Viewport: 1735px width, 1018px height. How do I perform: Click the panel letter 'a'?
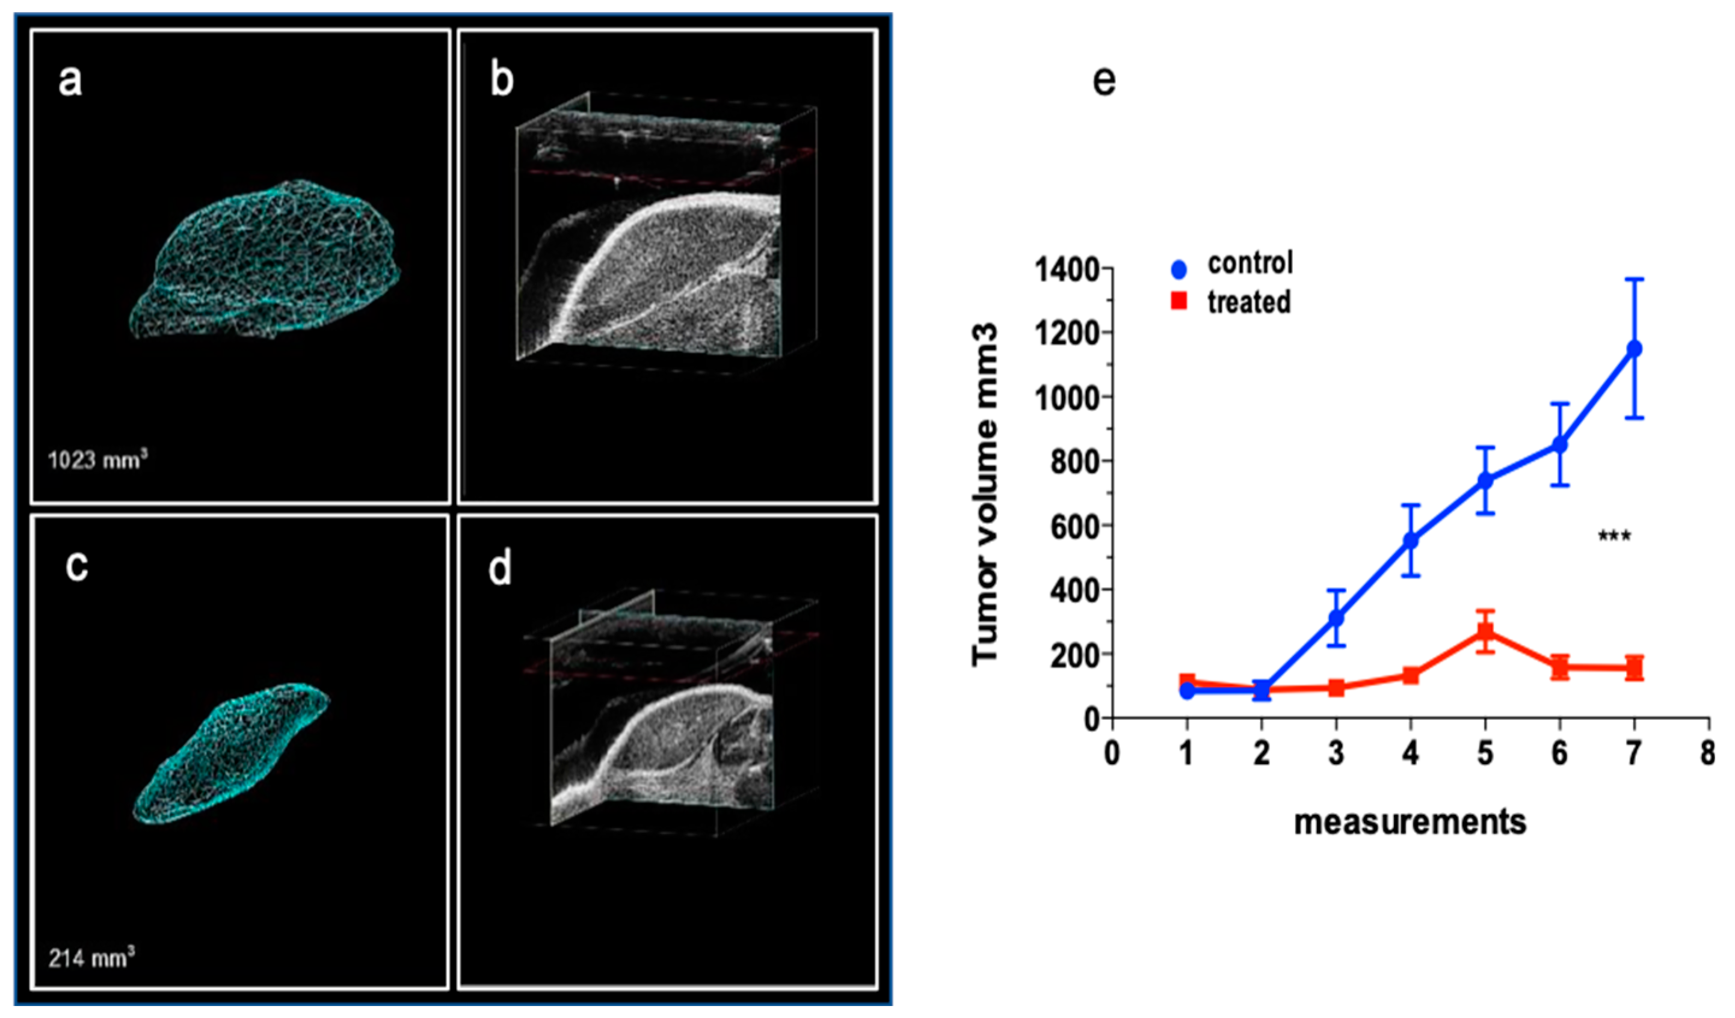click(70, 82)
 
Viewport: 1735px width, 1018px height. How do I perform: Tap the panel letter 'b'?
click(502, 81)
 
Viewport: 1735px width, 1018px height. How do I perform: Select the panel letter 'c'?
click(76, 566)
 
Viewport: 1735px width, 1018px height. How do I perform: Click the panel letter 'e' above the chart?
click(1105, 82)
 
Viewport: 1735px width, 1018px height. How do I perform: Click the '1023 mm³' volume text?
click(98, 459)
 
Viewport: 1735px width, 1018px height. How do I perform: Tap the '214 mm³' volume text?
click(91, 958)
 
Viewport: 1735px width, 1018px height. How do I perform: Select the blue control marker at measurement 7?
click(1634, 349)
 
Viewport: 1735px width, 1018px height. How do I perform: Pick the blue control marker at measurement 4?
click(1411, 541)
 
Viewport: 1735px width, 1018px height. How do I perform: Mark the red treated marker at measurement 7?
click(1634, 667)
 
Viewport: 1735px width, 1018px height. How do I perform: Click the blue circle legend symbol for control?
click(1179, 270)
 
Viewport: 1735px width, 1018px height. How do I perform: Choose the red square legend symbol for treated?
click(1179, 301)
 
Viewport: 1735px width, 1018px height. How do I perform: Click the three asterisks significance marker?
click(1615, 536)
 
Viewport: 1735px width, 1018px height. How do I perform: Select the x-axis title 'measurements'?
click(1410, 823)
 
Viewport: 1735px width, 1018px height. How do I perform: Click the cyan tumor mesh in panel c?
click(230, 753)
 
